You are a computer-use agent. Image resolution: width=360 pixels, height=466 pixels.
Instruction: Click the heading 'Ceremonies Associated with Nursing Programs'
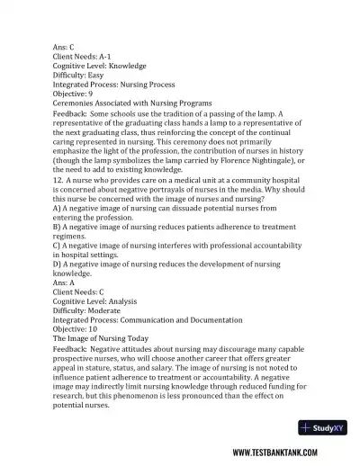coord(132,103)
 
